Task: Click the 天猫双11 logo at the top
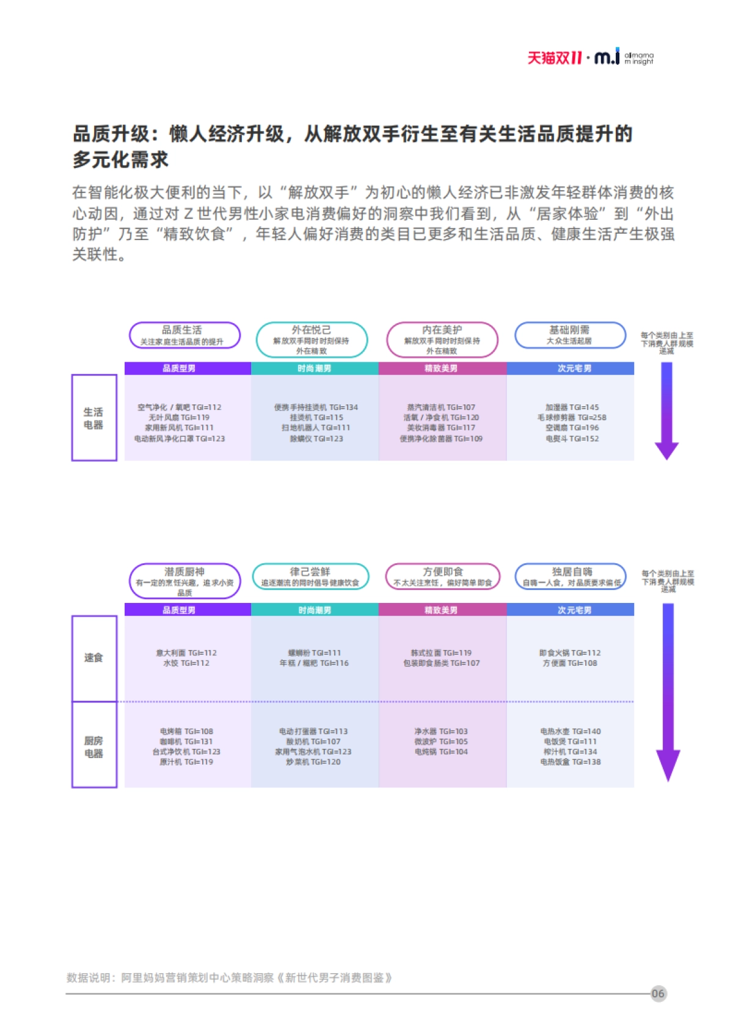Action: [555, 58]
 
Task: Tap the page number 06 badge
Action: [658, 993]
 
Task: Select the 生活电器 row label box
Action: [94, 418]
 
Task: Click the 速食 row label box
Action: [94, 658]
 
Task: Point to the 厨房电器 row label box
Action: [94, 746]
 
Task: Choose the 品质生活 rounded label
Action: [184, 335]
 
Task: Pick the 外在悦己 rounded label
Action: [312, 340]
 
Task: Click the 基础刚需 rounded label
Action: [571, 335]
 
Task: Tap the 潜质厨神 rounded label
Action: [184, 581]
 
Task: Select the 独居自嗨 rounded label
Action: [571, 577]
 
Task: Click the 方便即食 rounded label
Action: [442, 577]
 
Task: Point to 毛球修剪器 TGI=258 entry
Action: [572, 418]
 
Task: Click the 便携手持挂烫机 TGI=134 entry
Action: [316, 407]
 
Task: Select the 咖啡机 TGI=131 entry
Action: [186, 742]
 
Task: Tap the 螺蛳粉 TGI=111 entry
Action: [315, 653]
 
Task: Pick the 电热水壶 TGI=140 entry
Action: [571, 731]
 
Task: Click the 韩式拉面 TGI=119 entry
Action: [441, 653]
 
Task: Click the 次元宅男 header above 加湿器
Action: [571, 368]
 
